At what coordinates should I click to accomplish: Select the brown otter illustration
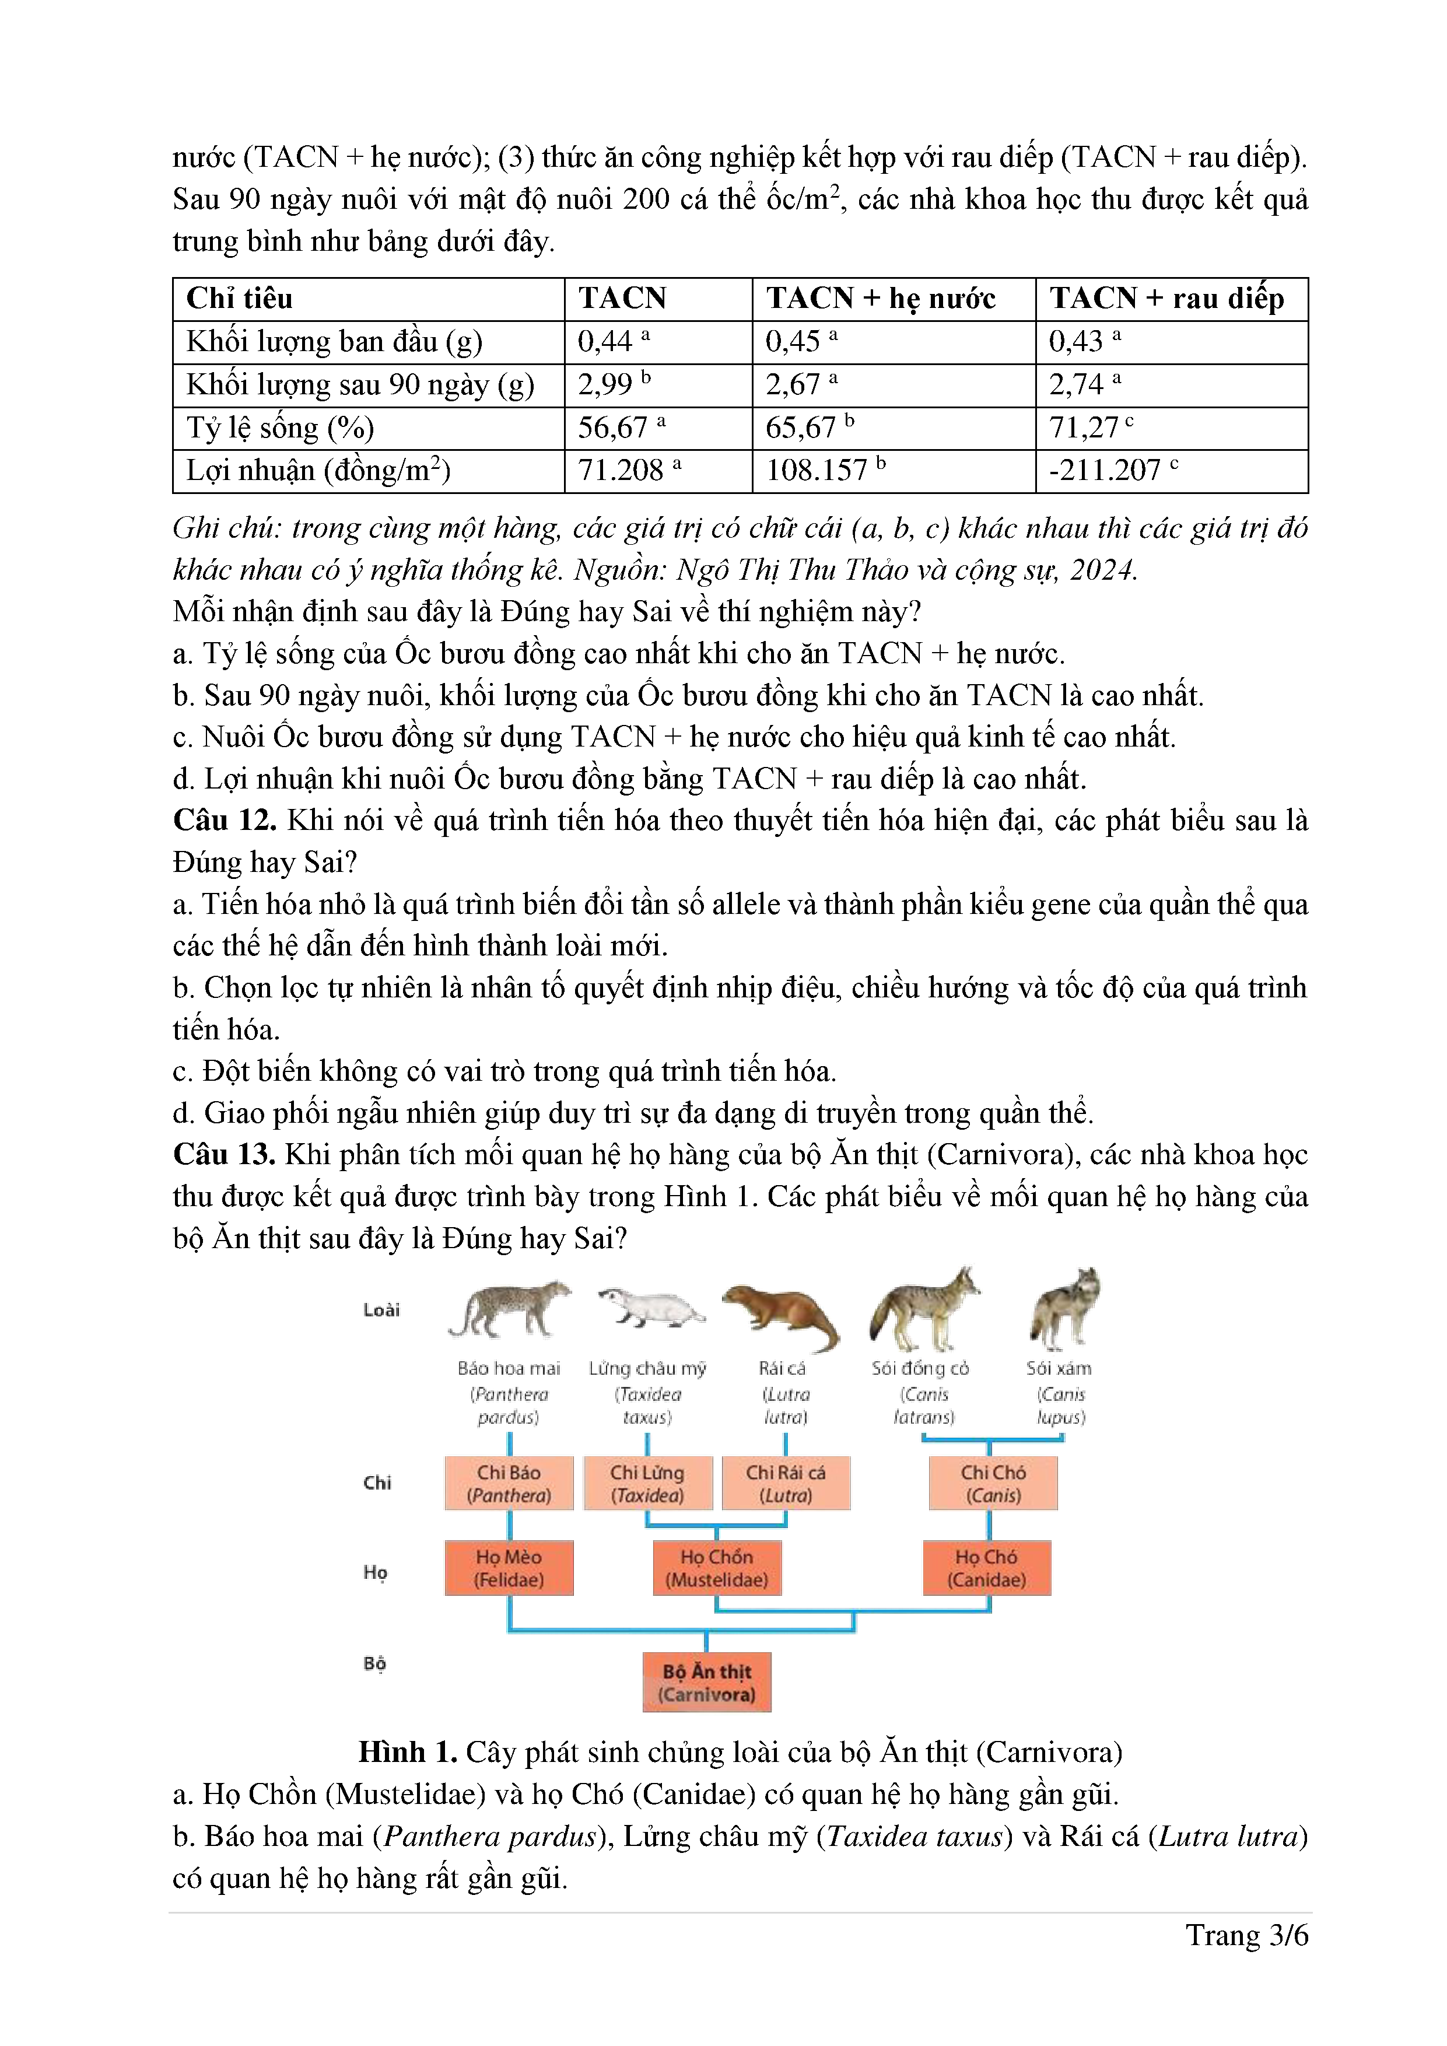[782, 1315]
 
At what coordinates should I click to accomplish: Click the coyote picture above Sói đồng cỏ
[923, 1310]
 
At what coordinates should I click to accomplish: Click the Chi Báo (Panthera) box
[509, 1484]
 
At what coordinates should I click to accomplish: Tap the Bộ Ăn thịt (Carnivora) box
[706, 1683]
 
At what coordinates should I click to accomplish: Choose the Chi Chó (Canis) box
[993, 1484]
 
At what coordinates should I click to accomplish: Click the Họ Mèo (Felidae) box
[509, 1568]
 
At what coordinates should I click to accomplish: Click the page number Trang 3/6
[1246, 1936]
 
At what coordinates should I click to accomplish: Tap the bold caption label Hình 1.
[407, 1752]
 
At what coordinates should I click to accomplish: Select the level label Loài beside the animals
[381, 1310]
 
